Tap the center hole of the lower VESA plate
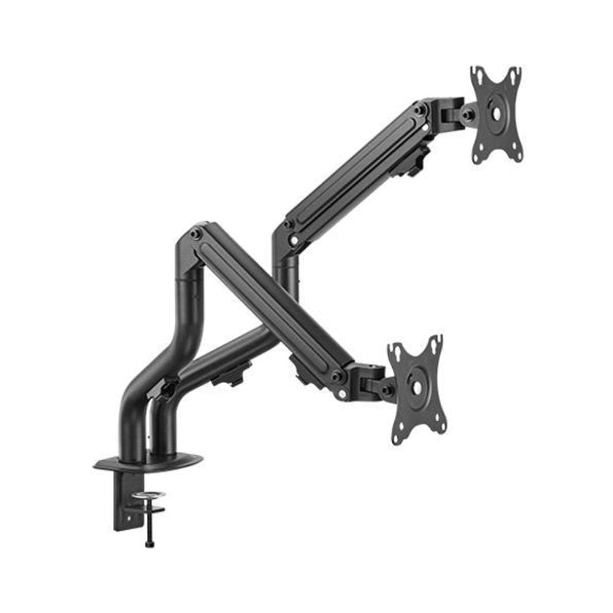[417, 387]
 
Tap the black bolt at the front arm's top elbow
[195, 234]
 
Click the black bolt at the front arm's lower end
[336, 376]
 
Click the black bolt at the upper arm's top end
[419, 110]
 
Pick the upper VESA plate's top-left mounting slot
[479, 77]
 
